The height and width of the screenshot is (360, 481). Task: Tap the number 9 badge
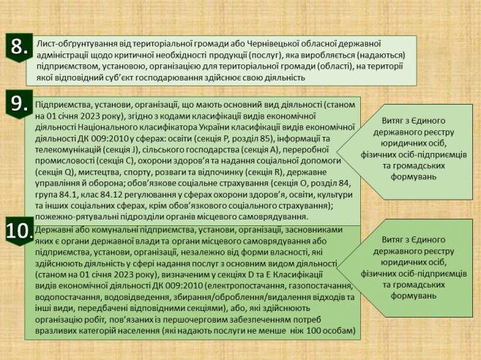pyautogui.click(x=18, y=102)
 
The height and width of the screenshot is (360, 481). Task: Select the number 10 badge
pyautogui.click(x=18, y=231)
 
